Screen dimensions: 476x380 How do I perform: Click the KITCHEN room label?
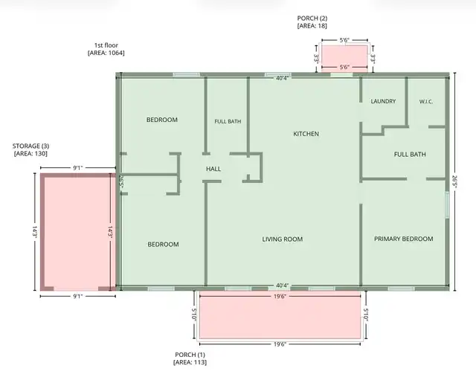[306, 134]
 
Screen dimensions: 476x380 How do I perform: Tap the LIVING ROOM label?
[283, 239]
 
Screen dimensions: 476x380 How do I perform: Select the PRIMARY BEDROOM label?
[403, 239]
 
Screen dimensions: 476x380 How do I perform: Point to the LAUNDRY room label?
[383, 101]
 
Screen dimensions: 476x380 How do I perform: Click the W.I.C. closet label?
[426, 102]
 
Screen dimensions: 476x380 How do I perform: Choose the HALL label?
[213, 169]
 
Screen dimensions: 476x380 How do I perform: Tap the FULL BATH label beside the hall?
[228, 121]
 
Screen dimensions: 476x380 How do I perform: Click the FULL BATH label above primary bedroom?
[410, 155]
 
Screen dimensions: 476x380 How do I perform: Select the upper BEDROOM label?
[162, 120]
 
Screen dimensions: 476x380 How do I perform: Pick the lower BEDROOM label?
[163, 245]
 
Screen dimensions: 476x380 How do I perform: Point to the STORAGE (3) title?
[30, 146]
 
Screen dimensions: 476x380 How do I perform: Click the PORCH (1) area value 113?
[199, 362]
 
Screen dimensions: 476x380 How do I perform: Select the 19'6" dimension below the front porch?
[280, 344]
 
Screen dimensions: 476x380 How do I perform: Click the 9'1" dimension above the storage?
[77, 168]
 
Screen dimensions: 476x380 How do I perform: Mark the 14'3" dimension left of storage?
[35, 231]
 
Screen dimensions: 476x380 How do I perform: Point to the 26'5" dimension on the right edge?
[454, 181]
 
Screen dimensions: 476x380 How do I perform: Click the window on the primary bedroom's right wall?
[447, 205]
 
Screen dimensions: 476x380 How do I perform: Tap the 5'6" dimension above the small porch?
[344, 40]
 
